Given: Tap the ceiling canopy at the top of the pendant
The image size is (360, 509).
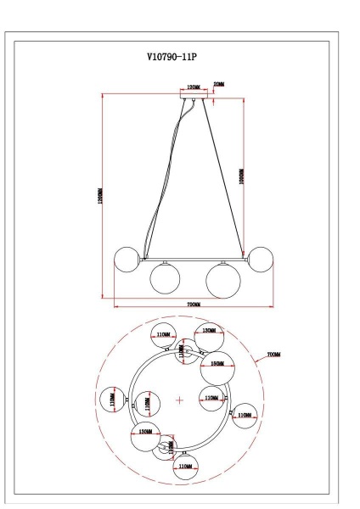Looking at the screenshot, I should coord(194,96).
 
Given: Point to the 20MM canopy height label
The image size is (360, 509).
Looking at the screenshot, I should coord(220,85).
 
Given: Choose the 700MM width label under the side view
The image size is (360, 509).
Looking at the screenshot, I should coord(193,304).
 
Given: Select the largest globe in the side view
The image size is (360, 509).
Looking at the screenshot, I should coord(222,279).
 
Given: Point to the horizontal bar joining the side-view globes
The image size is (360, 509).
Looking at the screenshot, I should coord(193,259).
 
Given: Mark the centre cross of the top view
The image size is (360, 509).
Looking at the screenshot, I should coord(179,399).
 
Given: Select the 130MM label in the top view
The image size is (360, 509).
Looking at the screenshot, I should coord(206,331).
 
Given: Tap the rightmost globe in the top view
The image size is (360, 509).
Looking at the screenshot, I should coord(244,415).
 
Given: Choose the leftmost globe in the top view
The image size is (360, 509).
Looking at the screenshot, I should coord(112,399).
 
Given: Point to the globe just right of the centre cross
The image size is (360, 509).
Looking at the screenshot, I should coord(211,396).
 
